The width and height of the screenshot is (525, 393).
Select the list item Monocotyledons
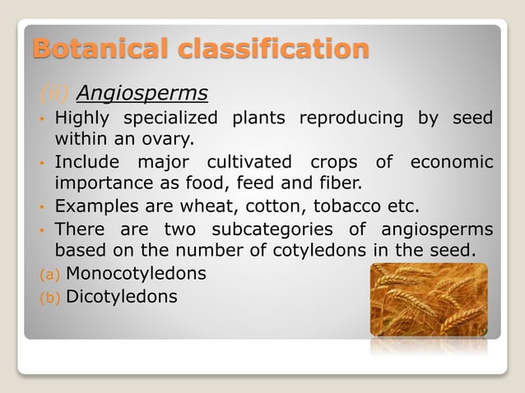click(135, 272)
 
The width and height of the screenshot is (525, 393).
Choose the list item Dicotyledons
click(121, 295)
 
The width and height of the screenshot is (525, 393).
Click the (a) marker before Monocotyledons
click(47, 273)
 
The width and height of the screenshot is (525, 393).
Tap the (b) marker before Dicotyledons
click(47, 296)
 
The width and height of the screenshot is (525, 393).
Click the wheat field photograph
click(428, 299)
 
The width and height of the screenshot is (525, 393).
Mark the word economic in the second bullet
click(453, 160)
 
